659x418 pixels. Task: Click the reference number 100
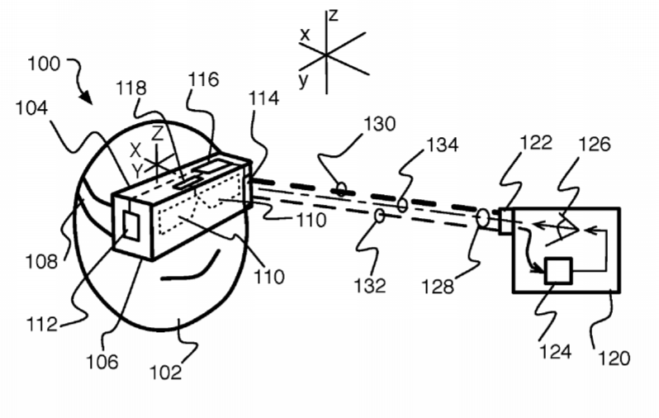point(44,64)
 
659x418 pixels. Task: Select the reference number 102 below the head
point(166,373)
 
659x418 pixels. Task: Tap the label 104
point(32,108)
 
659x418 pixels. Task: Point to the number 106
point(102,362)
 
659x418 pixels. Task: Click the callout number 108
point(41,262)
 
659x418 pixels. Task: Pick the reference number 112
point(41,324)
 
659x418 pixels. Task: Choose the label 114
point(264,99)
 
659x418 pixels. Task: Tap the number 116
point(203,79)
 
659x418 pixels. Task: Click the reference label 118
point(131,88)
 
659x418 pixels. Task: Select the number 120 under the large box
point(614,359)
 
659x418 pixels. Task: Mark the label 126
point(595,145)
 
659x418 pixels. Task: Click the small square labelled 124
point(558,271)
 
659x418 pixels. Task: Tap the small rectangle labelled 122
point(505,221)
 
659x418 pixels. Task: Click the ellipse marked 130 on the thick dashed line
point(342,189)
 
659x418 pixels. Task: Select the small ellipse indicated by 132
point(380,216)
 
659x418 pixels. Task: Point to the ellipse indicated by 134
point(402,205)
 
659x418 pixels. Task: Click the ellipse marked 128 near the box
point(483,218)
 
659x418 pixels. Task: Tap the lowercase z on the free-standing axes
point(334,16)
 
